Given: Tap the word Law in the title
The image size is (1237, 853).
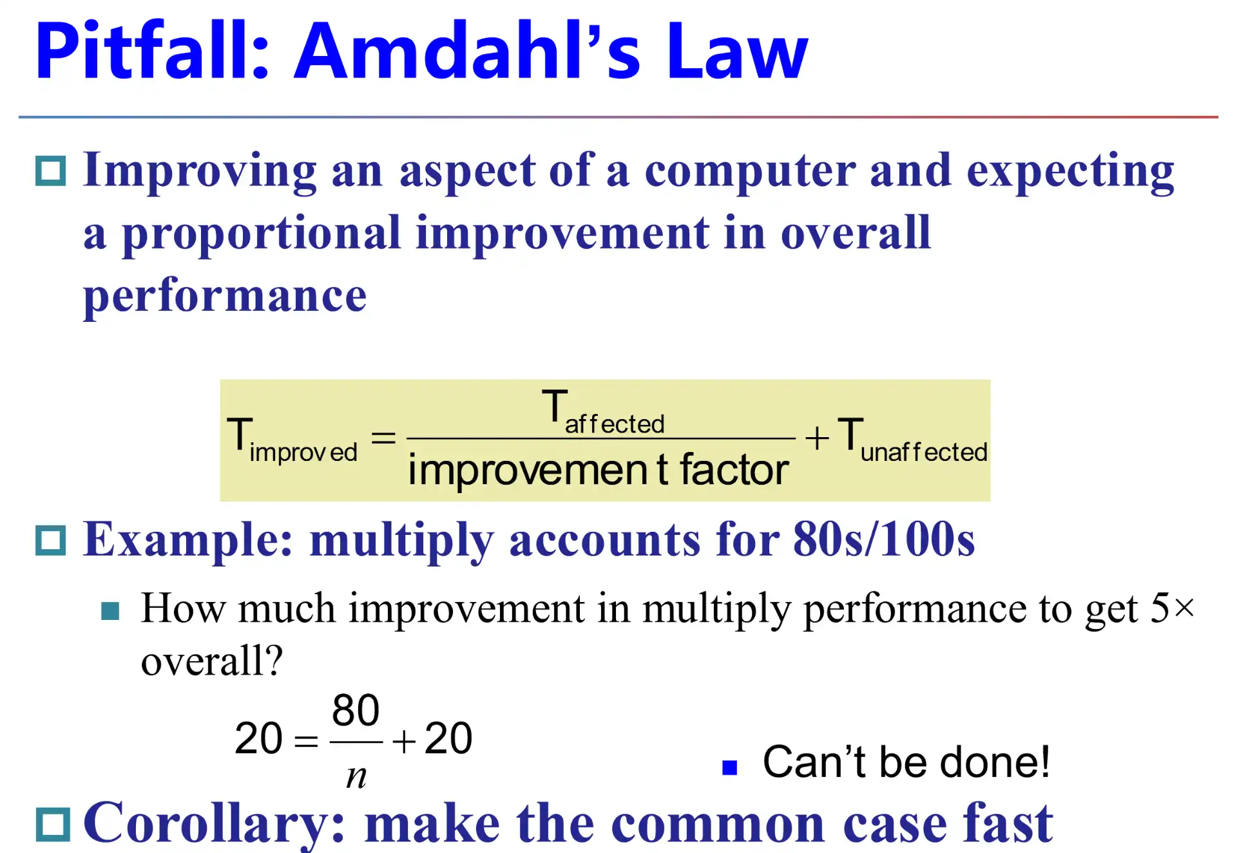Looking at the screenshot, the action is [x=737, y=52].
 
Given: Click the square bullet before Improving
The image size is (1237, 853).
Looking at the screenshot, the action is [x=50, y=171].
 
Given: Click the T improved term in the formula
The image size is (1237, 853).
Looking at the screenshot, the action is [x=292, y=440].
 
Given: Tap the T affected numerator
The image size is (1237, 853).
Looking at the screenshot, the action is [x=603, y=412].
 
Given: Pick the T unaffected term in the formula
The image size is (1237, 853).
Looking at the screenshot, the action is [x=912, y=440].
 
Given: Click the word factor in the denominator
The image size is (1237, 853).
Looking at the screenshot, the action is [x=734, y=469].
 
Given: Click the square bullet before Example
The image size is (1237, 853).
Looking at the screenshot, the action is [x=50, y=540].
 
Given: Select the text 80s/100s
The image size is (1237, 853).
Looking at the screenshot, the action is [x=884, y=539].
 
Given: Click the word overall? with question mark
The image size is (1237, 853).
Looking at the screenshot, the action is [x=212, y=661].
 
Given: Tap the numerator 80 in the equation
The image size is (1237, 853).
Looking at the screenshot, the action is [x=356, y=710].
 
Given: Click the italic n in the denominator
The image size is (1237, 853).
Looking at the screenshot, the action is [x=356, y=776].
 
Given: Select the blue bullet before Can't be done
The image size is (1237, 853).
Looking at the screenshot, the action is [x=729, y=767].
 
